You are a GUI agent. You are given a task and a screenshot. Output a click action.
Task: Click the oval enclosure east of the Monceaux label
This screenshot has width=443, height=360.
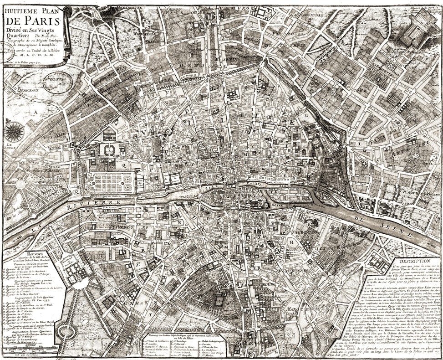58,82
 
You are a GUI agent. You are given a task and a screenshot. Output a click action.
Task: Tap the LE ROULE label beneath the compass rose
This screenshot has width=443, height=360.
10,147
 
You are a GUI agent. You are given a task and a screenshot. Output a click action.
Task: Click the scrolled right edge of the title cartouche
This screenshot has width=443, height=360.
66,34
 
